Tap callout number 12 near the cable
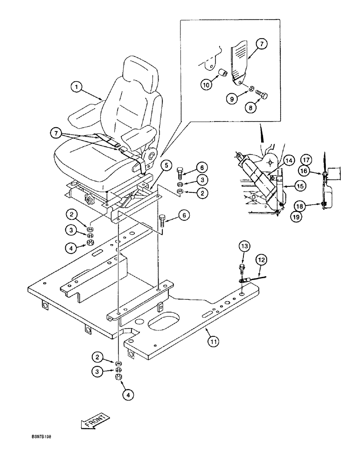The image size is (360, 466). pos(261,259)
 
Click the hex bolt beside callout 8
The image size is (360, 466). pos(262,96)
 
